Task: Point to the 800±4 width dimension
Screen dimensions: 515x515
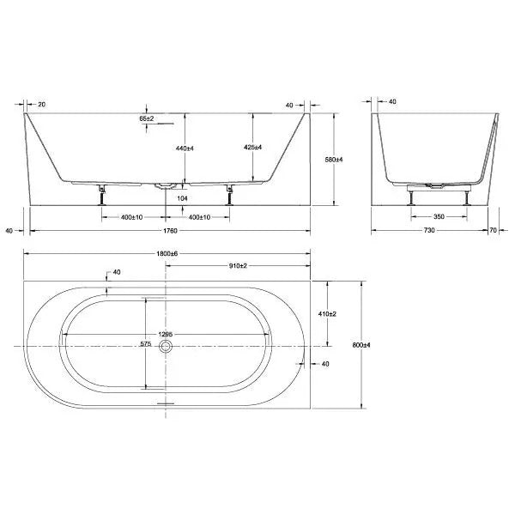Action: pos(360,344)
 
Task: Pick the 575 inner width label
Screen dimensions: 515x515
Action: pos(145,344)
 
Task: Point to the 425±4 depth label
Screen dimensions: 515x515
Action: pos(252,146)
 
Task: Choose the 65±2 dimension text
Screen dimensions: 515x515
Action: pos(148,118)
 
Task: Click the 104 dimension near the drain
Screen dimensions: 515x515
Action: pos(181,197)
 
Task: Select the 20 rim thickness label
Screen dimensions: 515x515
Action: pos(42,104)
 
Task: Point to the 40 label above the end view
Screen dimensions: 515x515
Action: pos(392,102)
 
